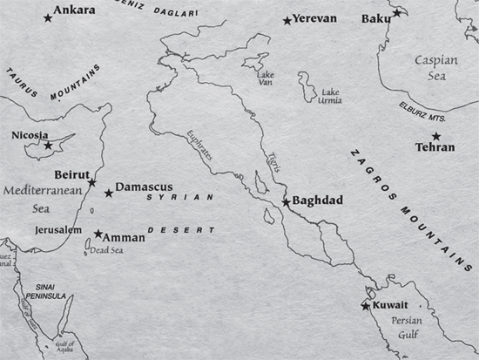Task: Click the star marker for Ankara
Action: [x=48, y=17]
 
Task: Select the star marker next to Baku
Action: [x=397, y=13]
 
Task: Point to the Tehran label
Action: [x=436, y=147]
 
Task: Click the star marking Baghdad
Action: [x=286, y=202]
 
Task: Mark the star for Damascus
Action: [x=109, y=194]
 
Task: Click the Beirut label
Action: [x=71, y=173]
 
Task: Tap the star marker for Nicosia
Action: [x=49, y=145]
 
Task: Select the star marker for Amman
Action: [x=98, y=234]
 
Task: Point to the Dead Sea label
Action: [x=106, y=250]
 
